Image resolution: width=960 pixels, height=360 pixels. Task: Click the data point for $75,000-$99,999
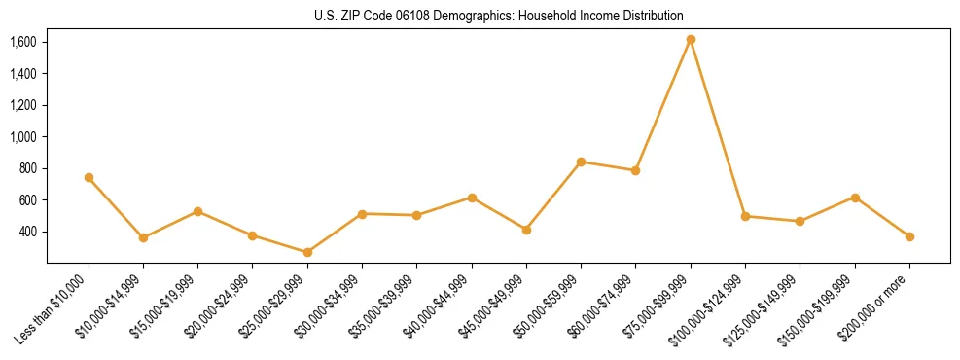(691, 39)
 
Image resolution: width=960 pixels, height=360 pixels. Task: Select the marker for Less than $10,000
(89, 177)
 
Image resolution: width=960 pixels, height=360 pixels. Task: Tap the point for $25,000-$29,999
(307, 252)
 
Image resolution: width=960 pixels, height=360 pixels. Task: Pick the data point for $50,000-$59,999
(581, 162)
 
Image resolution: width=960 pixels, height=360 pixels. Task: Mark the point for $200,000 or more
(909, 236)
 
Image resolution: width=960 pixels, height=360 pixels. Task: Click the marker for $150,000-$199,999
(855, 198)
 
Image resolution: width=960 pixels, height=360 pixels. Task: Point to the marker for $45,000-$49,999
(526, 230)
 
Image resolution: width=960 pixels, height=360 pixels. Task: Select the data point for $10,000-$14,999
(143, 237)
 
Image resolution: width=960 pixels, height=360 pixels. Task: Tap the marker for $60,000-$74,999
(635, 170)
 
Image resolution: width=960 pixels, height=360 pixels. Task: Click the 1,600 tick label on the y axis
(23, 42)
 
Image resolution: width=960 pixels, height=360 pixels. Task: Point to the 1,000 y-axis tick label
(23, 137)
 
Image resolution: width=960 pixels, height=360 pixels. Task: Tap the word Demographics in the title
(463, 16)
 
